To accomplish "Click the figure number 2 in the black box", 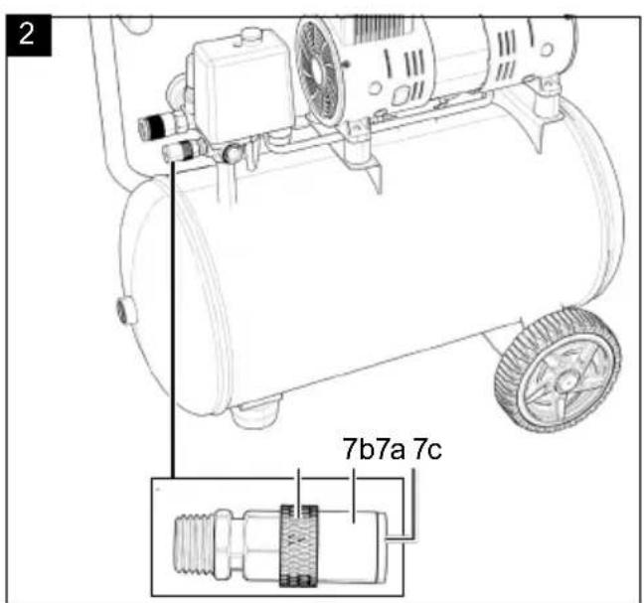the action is tap(28, 35).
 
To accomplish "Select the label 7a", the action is tap(391, 449).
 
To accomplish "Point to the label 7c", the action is tap(426, 449).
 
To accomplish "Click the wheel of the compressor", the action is tap(558, 371).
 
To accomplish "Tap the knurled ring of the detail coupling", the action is tap(298, 545).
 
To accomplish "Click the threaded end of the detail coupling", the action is tap(195, 545).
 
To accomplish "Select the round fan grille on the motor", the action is tap(317, 73).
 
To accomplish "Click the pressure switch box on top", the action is tap(242, 84).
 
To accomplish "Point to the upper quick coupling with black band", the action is tap(159, 124).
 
